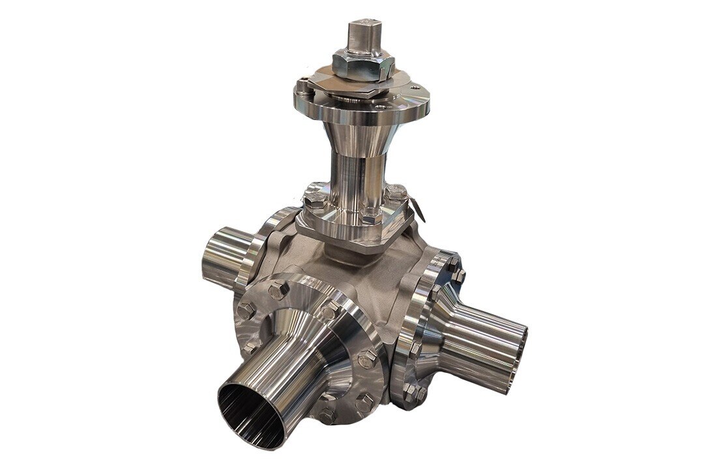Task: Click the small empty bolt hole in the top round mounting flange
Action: click(x=411, y=87)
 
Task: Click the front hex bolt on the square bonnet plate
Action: click(x=370, y=218)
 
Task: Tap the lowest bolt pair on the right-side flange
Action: click(x=412, y=391)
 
